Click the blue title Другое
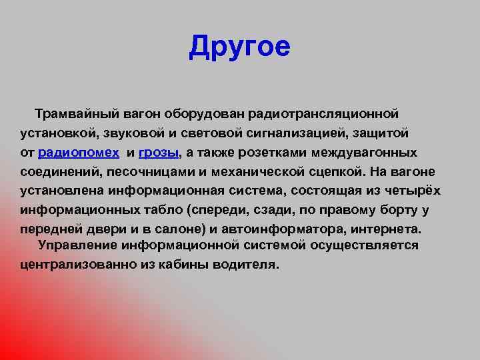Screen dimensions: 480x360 (239, 47)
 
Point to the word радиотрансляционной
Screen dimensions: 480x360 (323, 114)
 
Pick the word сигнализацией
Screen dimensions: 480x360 (296, 133)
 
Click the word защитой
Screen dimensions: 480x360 (381, 133)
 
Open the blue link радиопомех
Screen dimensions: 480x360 (79, 153)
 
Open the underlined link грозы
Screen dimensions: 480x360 (158, 153)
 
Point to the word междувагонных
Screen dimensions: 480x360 (364, 153)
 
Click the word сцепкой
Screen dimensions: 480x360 (336, 172)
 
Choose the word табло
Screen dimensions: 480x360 (163, 210)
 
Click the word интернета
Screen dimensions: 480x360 (386, 229)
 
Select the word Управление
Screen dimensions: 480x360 (78, 245)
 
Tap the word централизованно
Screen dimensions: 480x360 (79, 265)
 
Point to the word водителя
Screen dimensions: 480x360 (246, 265)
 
